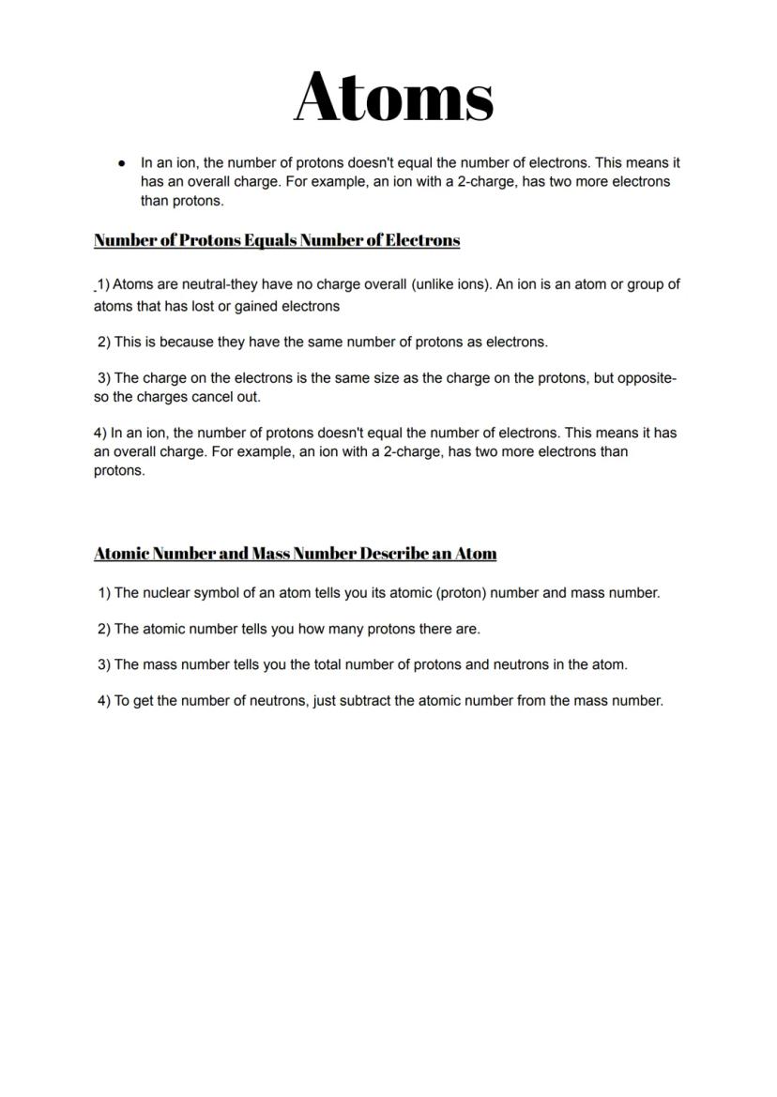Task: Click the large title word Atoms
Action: coord(394,97)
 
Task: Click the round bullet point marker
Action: coord(121,163)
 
